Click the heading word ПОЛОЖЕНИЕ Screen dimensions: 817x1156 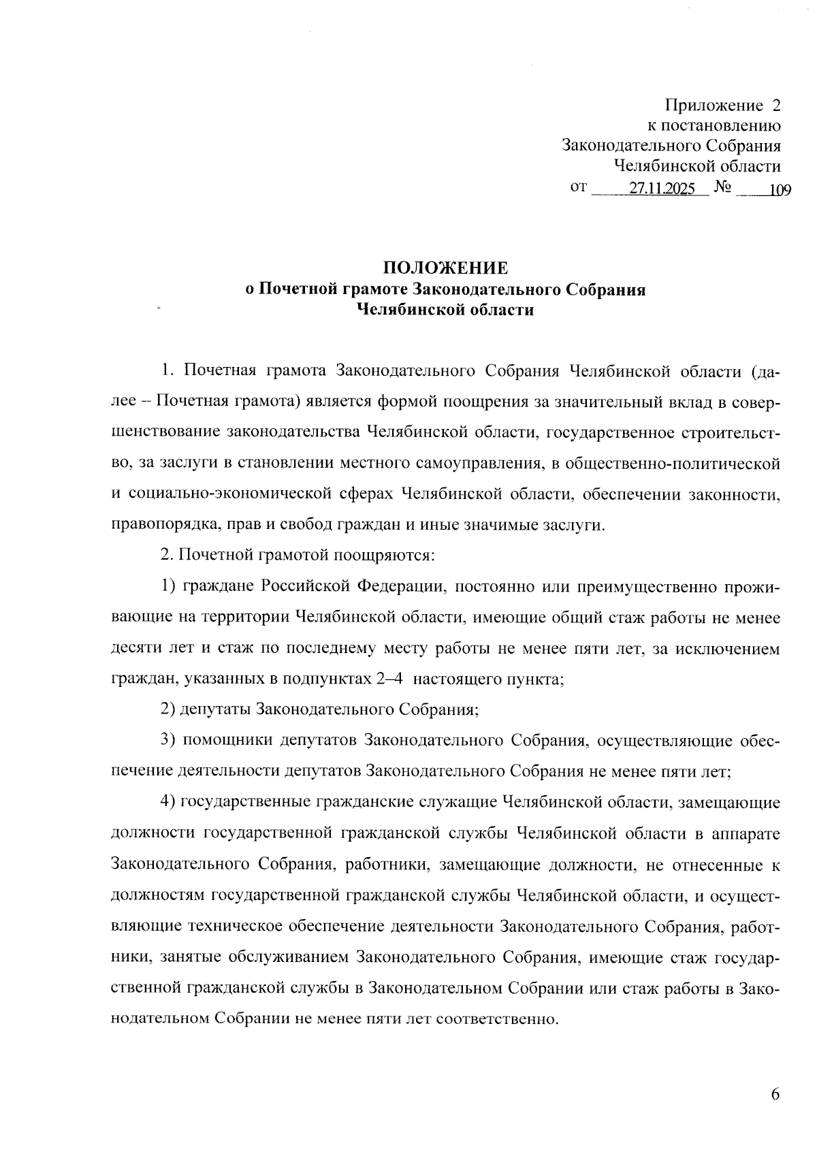445,268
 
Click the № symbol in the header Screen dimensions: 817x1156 723,187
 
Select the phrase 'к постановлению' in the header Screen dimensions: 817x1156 712,126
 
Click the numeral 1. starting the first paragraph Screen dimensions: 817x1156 168,372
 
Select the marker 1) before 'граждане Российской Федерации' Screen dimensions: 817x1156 169,586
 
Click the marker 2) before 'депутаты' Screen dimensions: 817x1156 169,709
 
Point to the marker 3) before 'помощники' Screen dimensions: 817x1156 169,741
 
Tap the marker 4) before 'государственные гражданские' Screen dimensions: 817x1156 169,802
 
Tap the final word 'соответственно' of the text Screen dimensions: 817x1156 495,1020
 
